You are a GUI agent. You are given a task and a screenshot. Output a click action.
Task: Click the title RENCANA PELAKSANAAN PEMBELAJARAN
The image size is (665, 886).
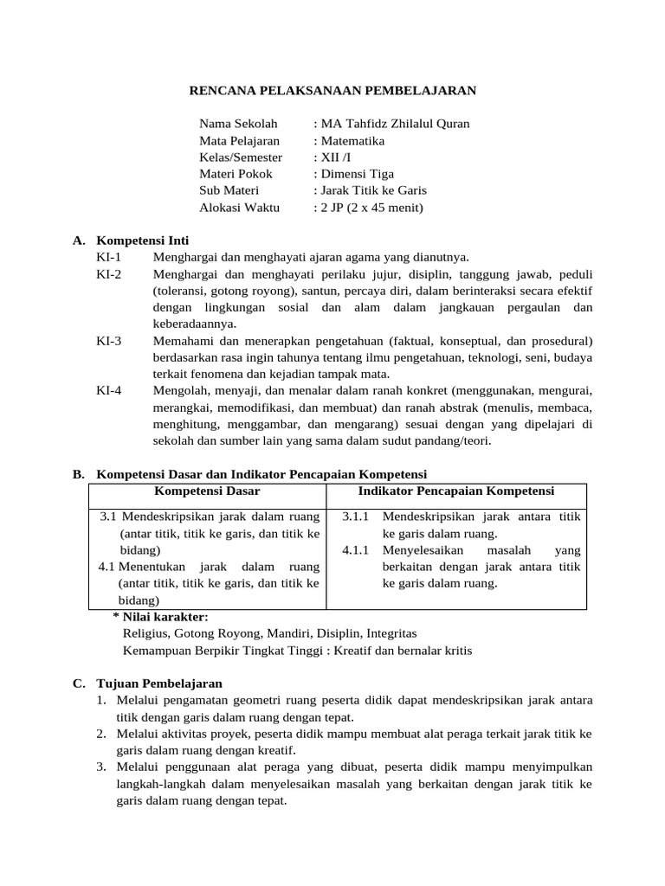tap(332, 90)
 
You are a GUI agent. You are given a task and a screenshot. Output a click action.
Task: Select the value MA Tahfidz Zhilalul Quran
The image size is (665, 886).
tap(395, 124)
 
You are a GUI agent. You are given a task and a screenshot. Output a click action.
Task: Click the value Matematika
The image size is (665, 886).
tap(352, 140)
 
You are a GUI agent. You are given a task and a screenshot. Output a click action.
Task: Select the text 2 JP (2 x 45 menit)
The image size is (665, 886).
tap(371, 207)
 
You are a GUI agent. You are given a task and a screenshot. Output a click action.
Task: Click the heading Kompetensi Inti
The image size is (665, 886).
tap(143, 240)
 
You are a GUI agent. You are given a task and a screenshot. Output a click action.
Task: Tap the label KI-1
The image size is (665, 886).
tap(109, 256)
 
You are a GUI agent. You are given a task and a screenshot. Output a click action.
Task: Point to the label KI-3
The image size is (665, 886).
tap(109, 340)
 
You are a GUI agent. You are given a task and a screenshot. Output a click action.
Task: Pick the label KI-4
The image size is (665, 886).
tap(109, 390)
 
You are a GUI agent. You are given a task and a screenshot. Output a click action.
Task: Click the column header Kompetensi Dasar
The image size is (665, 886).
tap(207, 491)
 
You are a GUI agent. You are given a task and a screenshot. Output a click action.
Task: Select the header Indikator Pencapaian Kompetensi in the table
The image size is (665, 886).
tap(456, 491)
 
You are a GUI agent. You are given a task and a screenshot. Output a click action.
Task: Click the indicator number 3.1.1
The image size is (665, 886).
tap(356, 517)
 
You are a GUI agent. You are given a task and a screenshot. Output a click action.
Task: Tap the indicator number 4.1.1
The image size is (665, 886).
tap(356, 550)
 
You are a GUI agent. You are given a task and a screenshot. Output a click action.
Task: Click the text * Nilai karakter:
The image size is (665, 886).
tap(160, 616)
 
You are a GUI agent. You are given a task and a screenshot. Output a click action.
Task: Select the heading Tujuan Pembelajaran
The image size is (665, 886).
tap(159, 683)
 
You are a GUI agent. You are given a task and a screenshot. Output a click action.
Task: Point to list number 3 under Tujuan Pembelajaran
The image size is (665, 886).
tap(101, 767)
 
